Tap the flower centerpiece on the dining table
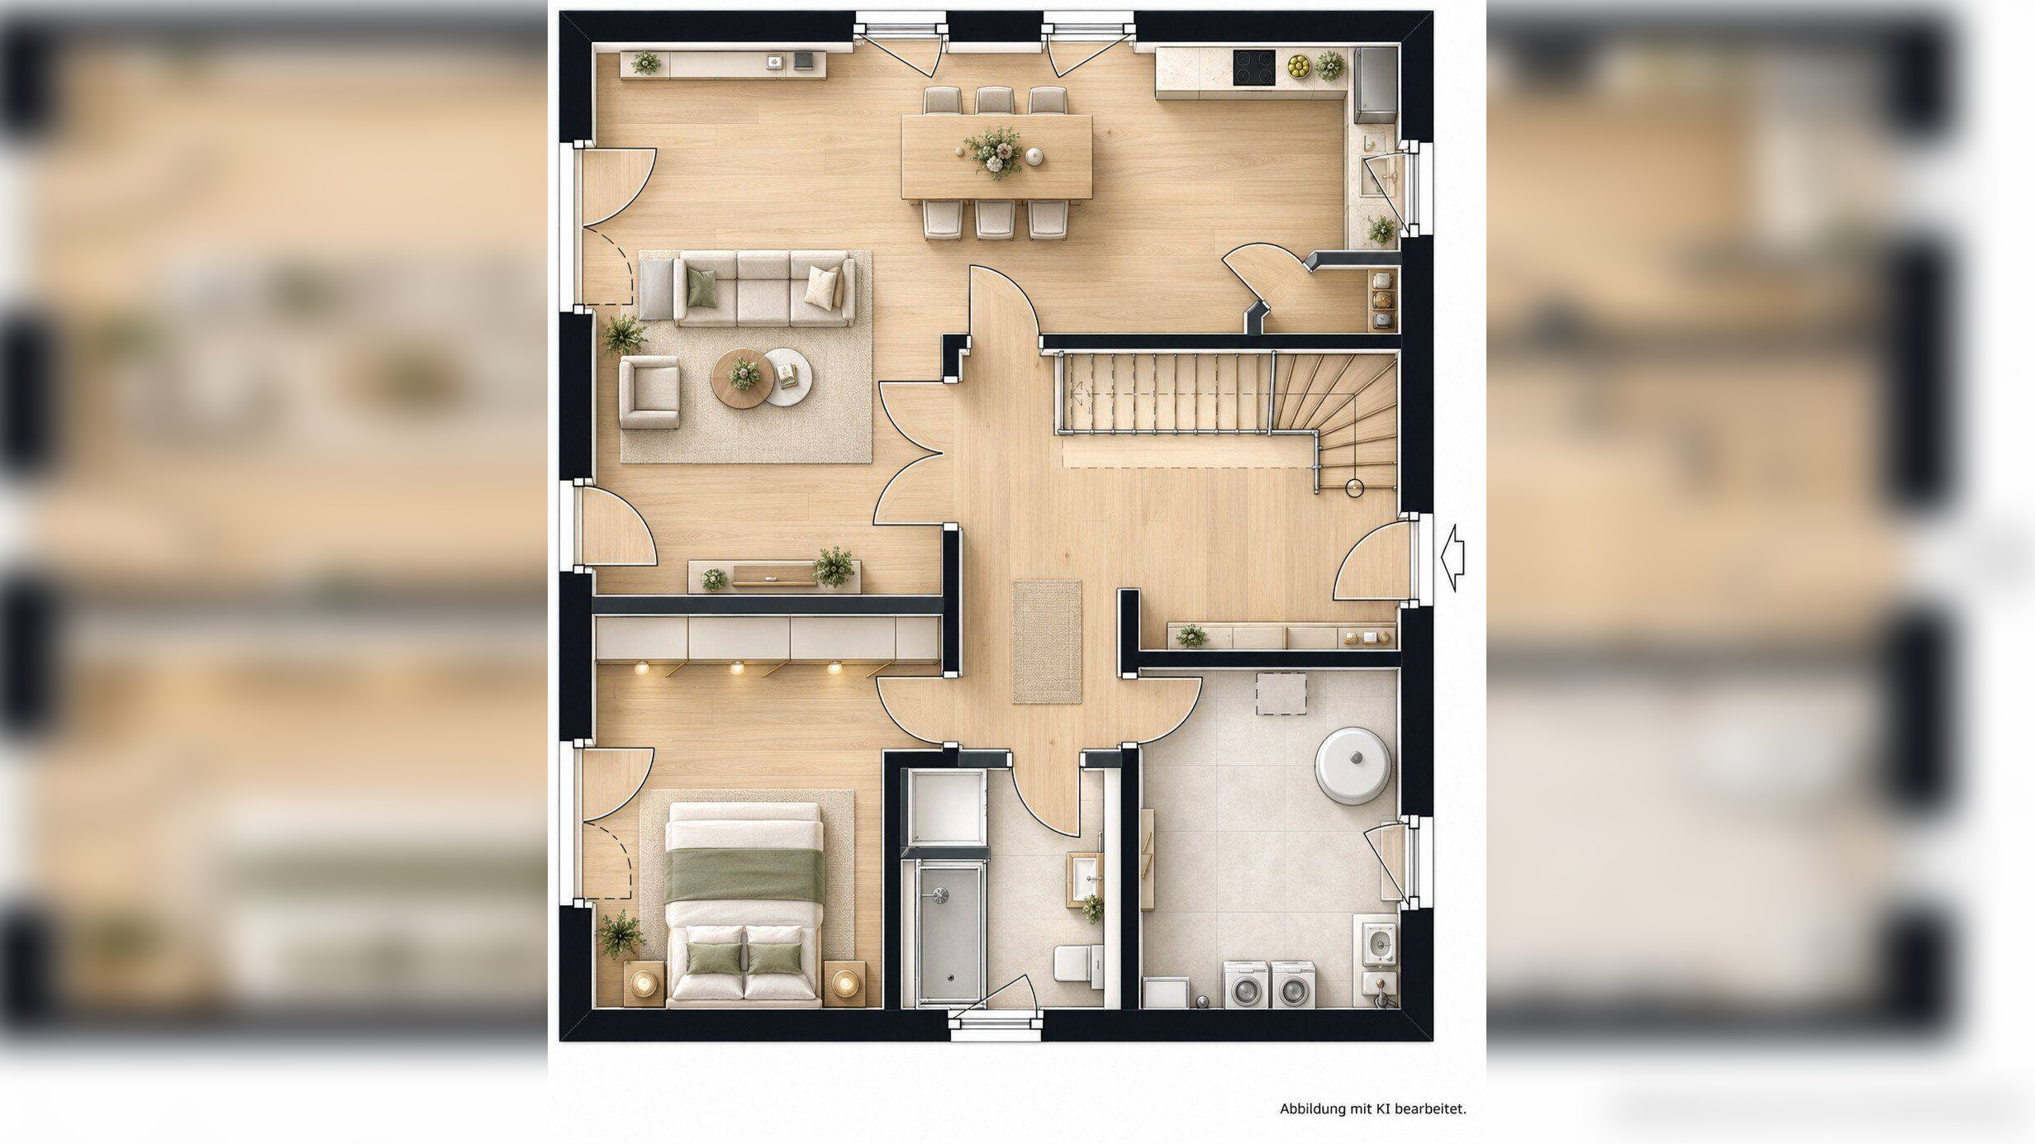tap(995, 152)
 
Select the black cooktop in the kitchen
tap(1254, 68)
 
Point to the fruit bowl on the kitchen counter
tap(1299, 66)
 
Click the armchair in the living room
tap(649, 392)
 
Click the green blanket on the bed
tap(744, 876)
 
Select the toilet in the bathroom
tap(1078, 965)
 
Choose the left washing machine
tap(1246, 984)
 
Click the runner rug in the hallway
tap(1047, 642)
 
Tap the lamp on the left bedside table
tap(644, 983)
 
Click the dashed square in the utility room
tap(1281, 694)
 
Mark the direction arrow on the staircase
tap(1077, 392)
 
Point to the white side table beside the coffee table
tap(787, 377)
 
